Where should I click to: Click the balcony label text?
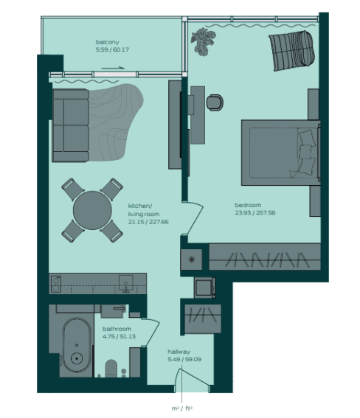pos(107,42)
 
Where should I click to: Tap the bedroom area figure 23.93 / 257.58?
pos(255,213)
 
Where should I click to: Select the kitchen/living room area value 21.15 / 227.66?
pos(148,222)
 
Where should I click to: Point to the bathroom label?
pos(117,329)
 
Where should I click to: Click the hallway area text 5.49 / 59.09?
pos(184,359)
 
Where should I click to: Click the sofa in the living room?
pos(71,125)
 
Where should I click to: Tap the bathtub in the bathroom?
pos(77,345)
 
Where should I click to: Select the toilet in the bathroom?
pos(111,368)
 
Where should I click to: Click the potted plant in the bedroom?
pos(203,41)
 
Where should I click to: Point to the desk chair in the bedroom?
pos(215,102)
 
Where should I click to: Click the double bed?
pos(281,153)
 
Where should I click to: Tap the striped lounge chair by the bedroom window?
pos(291,51)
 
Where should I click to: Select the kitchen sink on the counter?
pos(126,284)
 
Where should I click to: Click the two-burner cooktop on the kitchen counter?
pos(55,284)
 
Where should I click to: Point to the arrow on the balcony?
pos(113,68)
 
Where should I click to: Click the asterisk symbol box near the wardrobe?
pos(191,259)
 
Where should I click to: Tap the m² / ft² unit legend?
pos(182,408)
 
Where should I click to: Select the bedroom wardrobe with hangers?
pos(265,257)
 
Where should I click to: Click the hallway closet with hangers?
pos(203,318)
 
